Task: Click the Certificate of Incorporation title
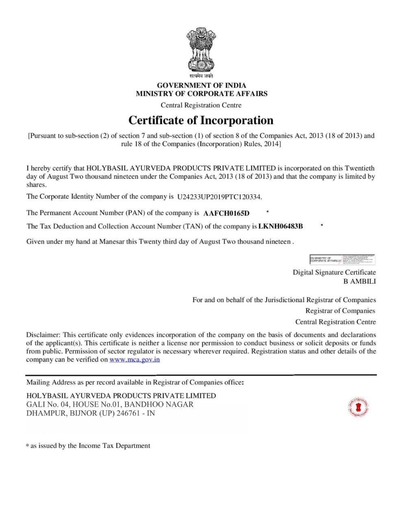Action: pyautogui.click(x=201, y=121)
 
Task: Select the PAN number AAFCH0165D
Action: pyautogui.click(x=226, y=213)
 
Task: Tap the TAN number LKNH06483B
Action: pyautogui.click(x=280, y=226)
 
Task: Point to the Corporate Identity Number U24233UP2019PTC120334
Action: pyautogui.click(x=219, y=197)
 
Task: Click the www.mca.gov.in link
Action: pyautogui.click(x=135, y=360)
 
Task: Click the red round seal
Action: pyautogui.click(x=358, y=407)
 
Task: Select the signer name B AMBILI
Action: pyautogui.click(x=359, y=281)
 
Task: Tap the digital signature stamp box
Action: pyautogui.click(x=342, y=260)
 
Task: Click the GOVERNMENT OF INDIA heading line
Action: pyautogui.click(x=201, y=85)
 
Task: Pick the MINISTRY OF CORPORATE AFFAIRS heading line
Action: pyautogui.click(x=201, y=93)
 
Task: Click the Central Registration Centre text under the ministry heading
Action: pyautogui.click(x=201, y=105)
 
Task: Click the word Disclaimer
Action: pyautogui.click(x=43, y=335)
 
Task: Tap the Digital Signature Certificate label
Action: pyautogui.click(x=334, y=272)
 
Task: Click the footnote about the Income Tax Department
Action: pyautogui.click(x=88, y=446)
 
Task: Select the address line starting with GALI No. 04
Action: pyautogui.click(x=110, y=405)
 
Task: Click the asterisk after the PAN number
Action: pyautogui.click(x=267, y=212)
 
